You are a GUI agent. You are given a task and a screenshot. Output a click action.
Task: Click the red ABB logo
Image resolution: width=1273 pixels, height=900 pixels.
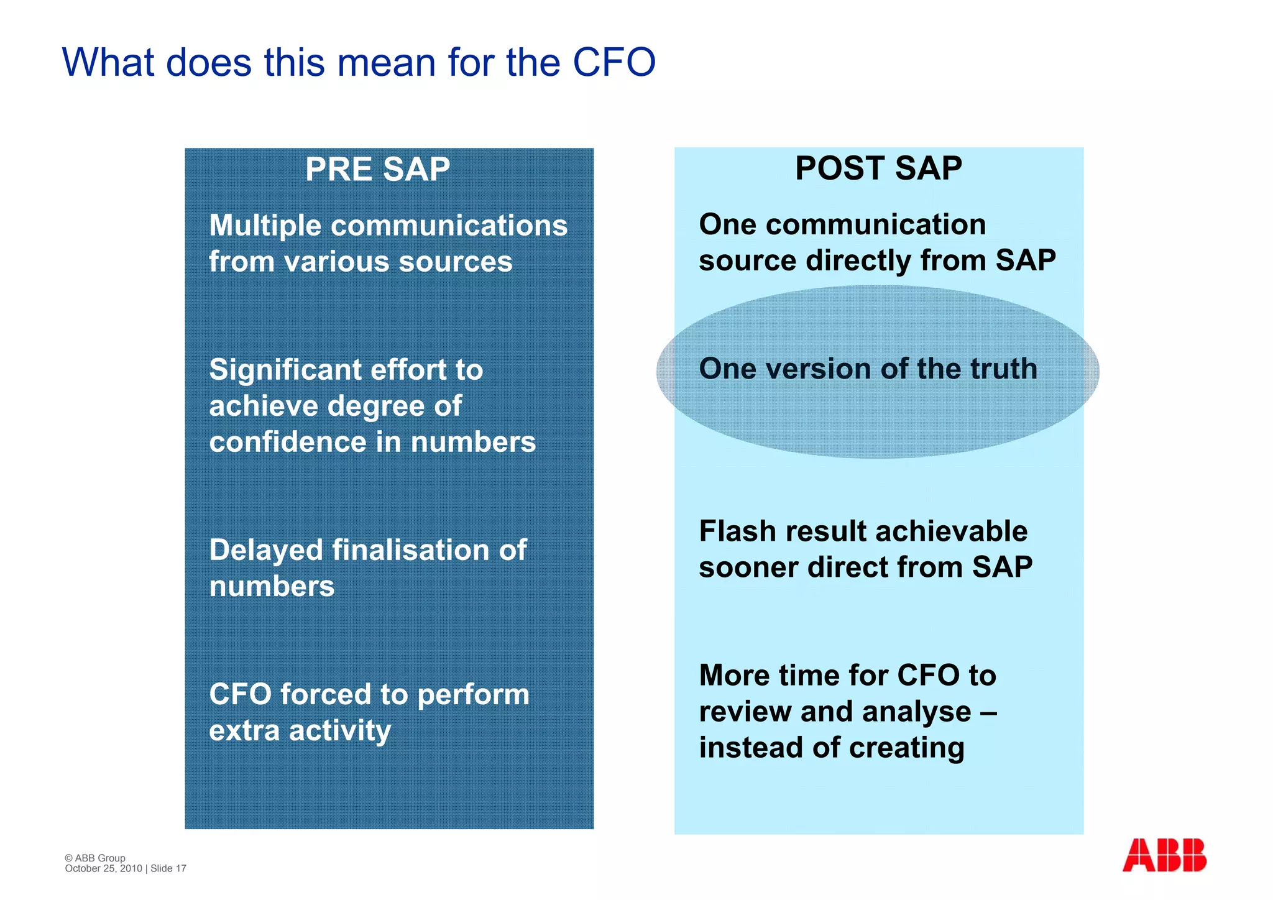coord(1164,855)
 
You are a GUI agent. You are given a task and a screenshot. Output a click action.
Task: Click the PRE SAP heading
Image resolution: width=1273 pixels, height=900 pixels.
coord(377,169)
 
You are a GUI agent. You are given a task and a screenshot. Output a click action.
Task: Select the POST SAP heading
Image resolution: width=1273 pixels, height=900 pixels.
coord(878,168)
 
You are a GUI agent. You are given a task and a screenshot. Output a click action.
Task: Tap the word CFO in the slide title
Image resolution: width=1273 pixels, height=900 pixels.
coord(614,62)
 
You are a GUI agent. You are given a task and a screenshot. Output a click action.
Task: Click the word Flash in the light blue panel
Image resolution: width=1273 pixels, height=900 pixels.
coord(738,531)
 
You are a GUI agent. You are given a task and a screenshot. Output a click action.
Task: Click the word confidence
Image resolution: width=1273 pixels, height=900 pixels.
coord(288,442)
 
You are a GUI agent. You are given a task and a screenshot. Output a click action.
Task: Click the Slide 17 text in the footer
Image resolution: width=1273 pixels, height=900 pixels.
coord(168,868)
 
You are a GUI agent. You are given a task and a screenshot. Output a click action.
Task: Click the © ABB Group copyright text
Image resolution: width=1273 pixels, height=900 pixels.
coord(95,858)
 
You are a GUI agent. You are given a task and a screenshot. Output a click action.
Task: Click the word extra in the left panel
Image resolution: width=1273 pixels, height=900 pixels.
coord(244,730)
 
